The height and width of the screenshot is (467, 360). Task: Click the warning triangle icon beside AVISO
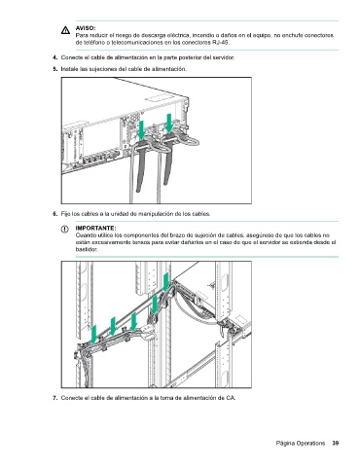65,30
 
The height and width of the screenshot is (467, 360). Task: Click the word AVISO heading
86,28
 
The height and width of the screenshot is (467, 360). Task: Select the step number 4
54,57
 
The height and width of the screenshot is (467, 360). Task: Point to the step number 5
54,69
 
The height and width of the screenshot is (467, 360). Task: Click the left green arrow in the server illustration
141,129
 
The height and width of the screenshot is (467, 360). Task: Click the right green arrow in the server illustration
168,124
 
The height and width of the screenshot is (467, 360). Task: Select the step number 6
54,214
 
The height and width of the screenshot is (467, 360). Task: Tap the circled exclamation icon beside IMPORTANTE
65,230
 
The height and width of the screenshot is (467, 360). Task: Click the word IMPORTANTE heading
95,229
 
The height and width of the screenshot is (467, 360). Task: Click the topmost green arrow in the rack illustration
165,282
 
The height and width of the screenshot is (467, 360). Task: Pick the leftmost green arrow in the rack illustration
93,334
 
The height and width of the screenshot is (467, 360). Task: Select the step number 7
54,398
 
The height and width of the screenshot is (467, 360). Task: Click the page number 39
336,443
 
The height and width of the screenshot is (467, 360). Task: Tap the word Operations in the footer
310,443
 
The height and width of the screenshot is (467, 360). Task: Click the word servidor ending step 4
223,57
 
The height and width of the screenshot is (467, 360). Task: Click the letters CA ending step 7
231,398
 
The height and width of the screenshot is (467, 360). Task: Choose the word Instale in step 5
68,69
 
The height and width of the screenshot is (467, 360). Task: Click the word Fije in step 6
66,214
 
